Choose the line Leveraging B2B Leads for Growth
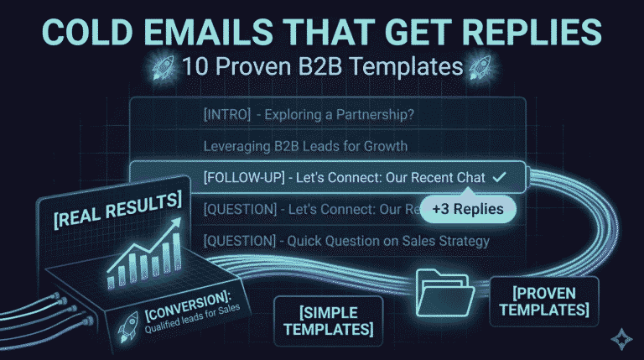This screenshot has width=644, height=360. coord(305,146)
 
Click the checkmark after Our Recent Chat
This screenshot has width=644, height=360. coord(500,178)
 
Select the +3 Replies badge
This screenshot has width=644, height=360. coord(463,208)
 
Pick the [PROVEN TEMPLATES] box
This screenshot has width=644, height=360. coord(545,301)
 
